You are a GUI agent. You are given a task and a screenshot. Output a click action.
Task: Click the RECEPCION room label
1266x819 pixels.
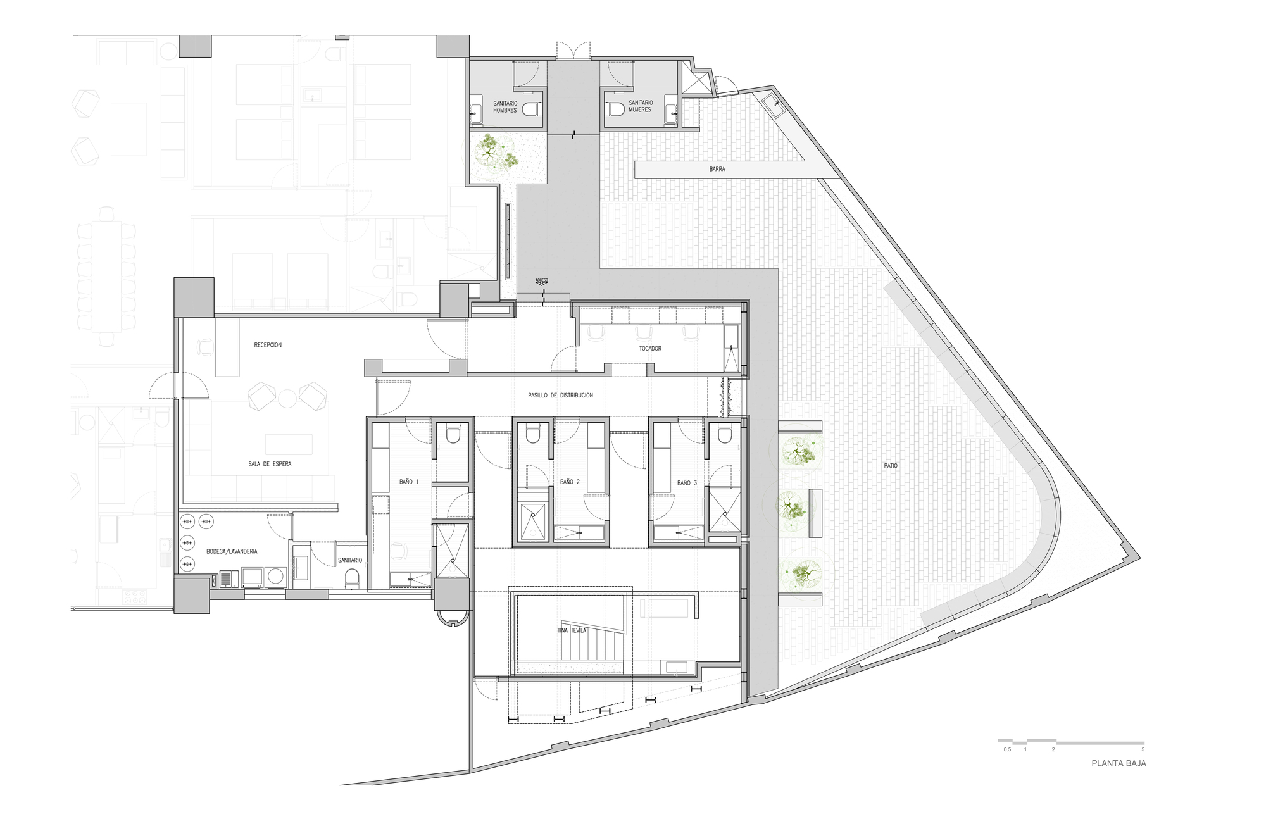tap(268, 345)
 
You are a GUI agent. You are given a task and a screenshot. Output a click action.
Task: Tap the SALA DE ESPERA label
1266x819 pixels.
tap(270, 464)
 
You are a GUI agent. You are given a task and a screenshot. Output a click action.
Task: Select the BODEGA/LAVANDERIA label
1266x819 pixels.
tap(232, 551)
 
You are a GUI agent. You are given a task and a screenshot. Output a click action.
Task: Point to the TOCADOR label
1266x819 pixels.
tap(650, 349)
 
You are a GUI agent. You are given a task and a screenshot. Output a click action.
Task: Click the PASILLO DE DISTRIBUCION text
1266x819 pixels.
tap(560, 396)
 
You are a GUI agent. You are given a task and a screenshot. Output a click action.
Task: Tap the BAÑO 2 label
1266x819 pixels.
tap(570, 482)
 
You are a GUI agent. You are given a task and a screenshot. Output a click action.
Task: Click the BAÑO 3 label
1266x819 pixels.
tap(687, 483)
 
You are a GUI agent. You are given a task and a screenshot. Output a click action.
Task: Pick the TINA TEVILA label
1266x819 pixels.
tap(572, 630)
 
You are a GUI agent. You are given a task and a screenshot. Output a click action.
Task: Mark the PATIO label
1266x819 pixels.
tap(891, 466)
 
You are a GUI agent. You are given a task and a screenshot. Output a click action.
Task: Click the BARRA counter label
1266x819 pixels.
tap(717, 170)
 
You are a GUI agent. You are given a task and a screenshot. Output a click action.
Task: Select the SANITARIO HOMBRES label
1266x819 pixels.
tap(505, 107)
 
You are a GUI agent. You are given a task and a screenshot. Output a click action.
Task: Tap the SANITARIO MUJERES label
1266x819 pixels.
tap(640, 106)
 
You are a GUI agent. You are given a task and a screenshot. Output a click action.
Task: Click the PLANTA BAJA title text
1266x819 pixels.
tap(1119, 763)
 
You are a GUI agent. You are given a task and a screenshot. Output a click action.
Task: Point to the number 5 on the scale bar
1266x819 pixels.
tap(1143, 749)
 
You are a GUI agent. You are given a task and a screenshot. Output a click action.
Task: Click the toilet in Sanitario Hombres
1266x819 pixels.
tap(530, 110)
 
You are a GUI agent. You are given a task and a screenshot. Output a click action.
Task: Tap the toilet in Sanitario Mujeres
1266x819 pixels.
tap(615, 109)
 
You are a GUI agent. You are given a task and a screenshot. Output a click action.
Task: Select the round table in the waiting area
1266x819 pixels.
tap(287, 398)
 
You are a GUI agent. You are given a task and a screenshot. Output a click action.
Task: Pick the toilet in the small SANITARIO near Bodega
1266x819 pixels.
tap(353, 577)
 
